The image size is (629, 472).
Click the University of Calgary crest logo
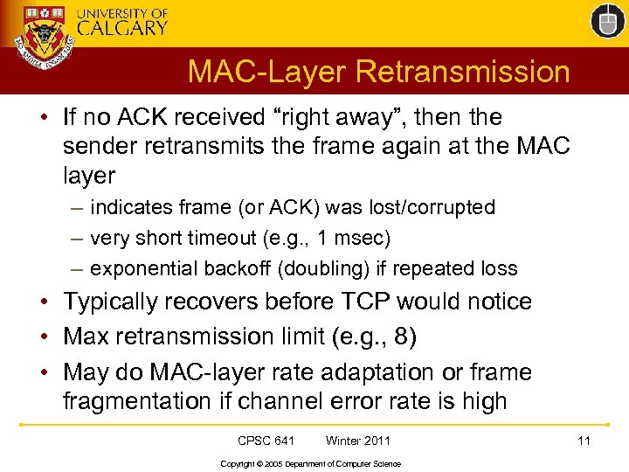(x=43, y=40)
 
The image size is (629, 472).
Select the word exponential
(x=145, y=268)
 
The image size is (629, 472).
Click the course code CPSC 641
(x=266, y=441)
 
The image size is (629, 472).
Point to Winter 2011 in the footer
(x=358, y=441)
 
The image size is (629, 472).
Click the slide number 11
(x=584, y=441)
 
